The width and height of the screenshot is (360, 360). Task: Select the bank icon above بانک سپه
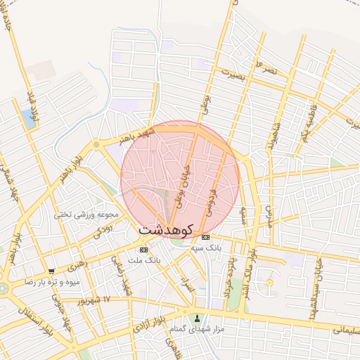[205, 238]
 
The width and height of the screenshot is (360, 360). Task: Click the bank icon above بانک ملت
[143, 250]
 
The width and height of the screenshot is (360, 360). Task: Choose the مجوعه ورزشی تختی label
[89, 214]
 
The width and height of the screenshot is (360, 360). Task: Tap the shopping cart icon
[51, 271]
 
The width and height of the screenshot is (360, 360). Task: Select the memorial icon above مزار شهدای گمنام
[197, 317]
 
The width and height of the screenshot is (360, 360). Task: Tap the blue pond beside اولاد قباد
[29, 117]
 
